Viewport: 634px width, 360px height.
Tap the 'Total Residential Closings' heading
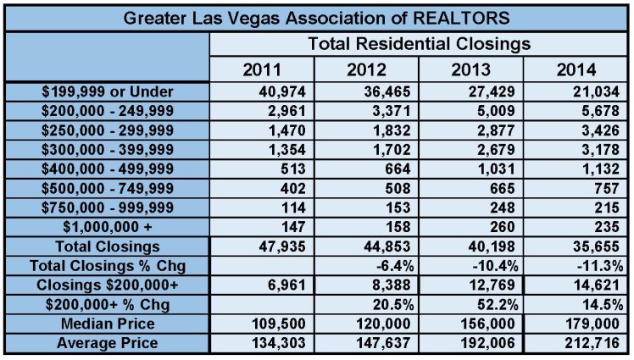(x=419, y=42)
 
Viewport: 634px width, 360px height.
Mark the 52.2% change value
(x=496, y=303)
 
